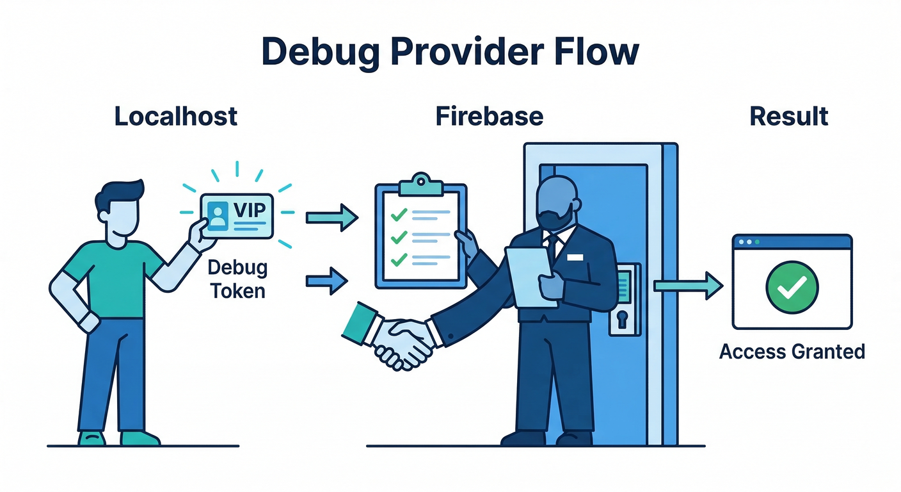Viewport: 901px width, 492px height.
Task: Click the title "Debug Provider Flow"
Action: pyautogui.click(x=450, y=52)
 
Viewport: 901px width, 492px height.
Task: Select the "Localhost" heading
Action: pyautogui.click(x=176, y=117)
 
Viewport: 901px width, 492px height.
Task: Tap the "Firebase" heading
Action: pyautogui.click(x=490, y=117)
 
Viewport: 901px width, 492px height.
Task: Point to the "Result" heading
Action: pyautogui.click(x=789, y=117)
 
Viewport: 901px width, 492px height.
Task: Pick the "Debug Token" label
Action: pyautogui.click(x=237, y=279)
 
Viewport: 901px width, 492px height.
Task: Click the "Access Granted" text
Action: pyautogui.click(x=792, y=351)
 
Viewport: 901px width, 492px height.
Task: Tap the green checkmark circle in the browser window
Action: pyautogui.click(x=792, y=288)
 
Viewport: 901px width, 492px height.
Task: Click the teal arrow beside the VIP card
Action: pyautogui.click(x=331, y=218)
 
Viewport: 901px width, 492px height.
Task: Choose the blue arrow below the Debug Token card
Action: pyautogui.click(x=327, y=281)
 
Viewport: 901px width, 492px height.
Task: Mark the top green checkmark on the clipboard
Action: pyautogui.click(x=399, y=215)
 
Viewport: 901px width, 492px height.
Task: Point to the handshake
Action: pyautogui.click(x=400, y=340)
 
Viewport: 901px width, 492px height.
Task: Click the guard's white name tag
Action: pyautogui.click(x=575, y=257)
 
